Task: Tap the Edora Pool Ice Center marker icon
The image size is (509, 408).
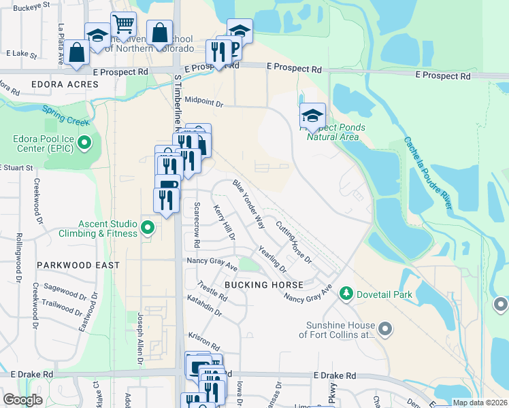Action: pos(84,143)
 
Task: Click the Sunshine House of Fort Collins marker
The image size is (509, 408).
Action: pos(385,330)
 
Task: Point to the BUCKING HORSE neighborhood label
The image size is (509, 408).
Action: pos(264,285)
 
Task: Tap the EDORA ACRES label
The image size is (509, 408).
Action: pos(65,85)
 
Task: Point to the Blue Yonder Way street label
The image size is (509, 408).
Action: pos(248,203)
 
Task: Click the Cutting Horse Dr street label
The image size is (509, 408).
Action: pos(294,241)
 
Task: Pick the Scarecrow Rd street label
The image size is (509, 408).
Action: pos(197,224)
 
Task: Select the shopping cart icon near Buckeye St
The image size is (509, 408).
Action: pos(124,24)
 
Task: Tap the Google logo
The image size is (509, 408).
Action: pos(22,401)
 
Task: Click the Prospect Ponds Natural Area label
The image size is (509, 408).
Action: pos(335,132)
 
